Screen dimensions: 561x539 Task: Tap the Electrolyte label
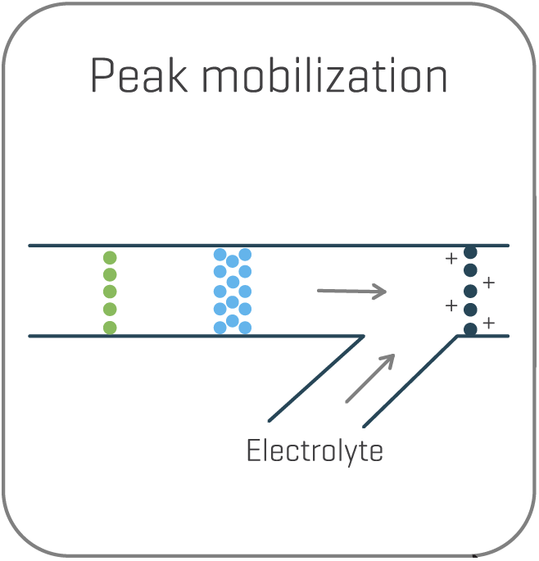coord(315,451)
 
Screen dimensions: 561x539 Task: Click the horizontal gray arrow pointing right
coord(351,291)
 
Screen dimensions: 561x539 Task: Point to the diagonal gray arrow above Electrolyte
coord(370,378)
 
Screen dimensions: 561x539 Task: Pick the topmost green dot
coord(110,258)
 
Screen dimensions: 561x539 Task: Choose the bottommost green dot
coord(110,328)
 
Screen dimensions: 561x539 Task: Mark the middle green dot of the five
coord(110,292)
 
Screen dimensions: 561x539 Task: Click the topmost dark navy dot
coord(470,253)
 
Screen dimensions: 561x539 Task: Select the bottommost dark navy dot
coord(470,329)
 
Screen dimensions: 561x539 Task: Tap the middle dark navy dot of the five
coord(470,292)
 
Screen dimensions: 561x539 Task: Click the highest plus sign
coord(451,259)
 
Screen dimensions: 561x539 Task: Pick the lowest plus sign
coord(489,323)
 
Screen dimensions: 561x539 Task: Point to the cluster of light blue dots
coord(232,292)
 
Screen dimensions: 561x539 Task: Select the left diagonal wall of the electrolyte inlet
coord(316,377)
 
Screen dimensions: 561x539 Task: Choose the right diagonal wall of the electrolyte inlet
coord(410,381)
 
